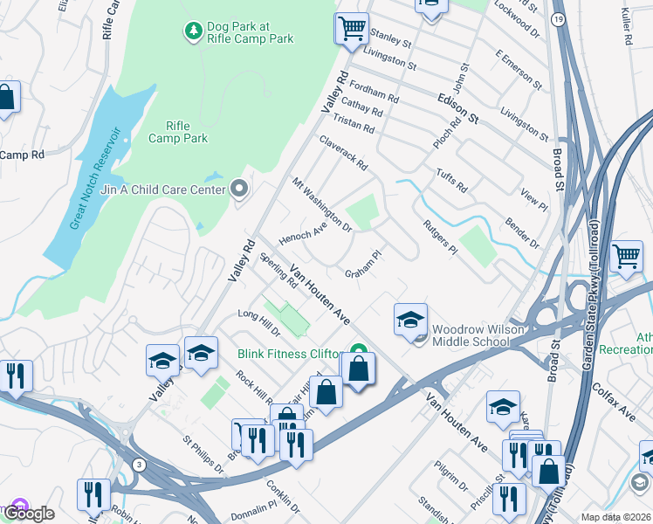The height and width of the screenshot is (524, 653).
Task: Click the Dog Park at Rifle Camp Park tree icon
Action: pyautogui.click(x=192, y=31)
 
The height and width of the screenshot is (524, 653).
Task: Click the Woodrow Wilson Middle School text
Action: pyautogui.click(x=470, y=334)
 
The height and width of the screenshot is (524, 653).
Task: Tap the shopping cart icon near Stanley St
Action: pyautogui.click(x=350, y=28)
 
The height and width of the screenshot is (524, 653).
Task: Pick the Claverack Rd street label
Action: pyautogui.click(x=343, y=153)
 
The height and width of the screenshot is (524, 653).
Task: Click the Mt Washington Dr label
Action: pyautogui.click(x=321, y=206)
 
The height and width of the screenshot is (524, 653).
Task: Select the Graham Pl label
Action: pyautogui.click(x=363, y=265)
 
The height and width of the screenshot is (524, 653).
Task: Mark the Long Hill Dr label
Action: pyautogui.click(x=258, y=322)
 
